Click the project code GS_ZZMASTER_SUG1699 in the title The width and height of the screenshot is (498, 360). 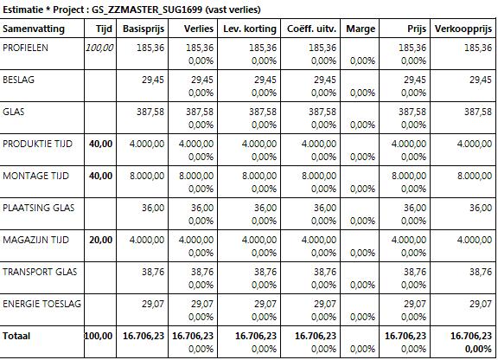tap(147, 10)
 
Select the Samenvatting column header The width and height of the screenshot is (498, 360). tap(34, 29)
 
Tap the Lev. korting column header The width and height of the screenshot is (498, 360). tap(250, 29)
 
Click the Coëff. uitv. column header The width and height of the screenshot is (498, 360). tap(311, 29)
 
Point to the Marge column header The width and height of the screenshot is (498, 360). tap(361, 29)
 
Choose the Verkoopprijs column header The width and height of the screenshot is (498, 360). tap(463, 29)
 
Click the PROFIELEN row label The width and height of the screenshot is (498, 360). tap(25, 48)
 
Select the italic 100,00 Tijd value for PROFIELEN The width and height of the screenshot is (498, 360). tap(99, 48)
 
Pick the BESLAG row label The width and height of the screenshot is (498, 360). tap(18, 80)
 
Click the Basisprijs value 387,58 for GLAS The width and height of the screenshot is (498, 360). tap(150, 112)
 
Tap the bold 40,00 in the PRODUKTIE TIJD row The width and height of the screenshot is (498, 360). tap(100, 144)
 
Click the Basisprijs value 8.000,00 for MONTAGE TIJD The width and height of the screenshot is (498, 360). tap(147, 176)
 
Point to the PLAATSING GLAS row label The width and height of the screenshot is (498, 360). tap(38, 208)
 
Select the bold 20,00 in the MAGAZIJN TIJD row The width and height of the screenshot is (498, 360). tap(100, 240)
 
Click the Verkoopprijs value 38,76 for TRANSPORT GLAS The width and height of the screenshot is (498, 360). tap(481, 272)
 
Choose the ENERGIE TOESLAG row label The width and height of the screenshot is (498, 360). tap(41, 304)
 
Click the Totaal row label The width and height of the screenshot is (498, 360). tap(16, 336)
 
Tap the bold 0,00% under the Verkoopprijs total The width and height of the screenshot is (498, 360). tap(478, 350)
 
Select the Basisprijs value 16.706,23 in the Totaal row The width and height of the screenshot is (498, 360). tap(144, 336)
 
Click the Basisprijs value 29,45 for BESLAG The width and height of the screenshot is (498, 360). tap(153, 80)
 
